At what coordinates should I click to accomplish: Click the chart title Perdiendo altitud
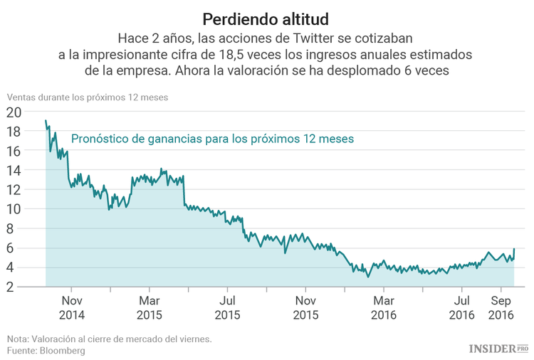pos(266,17)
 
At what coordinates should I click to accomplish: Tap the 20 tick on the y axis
pos(14,112)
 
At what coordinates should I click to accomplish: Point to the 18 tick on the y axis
pos(14,132)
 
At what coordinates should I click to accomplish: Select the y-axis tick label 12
pos(14,190)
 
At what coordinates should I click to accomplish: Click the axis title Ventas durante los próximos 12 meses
pos(88,97)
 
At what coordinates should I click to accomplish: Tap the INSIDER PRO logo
pos(498,348)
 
